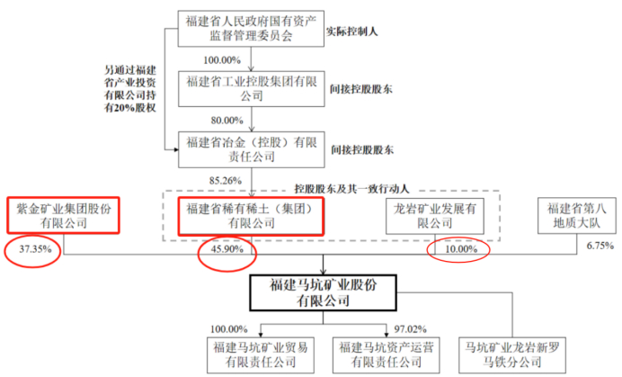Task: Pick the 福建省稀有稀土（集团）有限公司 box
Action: tap(251, 215)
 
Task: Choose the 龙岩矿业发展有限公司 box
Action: tap(434, 215)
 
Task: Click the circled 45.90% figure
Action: tap(224, 250)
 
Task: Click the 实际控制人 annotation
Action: tap(355, 32)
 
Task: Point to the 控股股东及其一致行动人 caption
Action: tap(347, 187)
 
